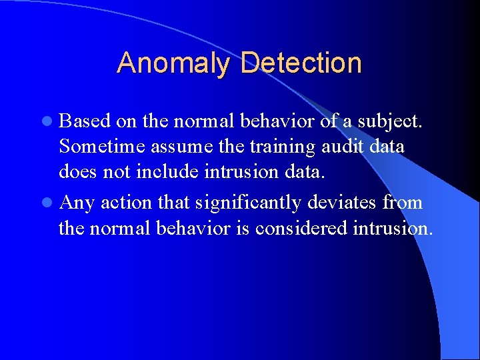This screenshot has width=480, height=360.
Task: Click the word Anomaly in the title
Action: (175, 64)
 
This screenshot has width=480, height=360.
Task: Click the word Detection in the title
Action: (301, 63)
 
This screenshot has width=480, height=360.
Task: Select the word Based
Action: (85, 121)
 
